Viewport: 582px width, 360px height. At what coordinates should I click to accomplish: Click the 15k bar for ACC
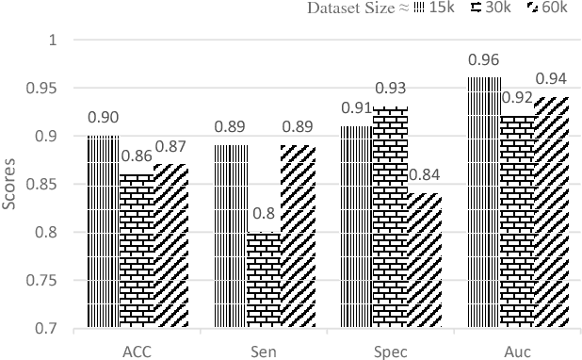103,233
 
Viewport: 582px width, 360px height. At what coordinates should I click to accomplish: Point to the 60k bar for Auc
552,213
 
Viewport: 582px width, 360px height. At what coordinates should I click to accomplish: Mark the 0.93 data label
390,90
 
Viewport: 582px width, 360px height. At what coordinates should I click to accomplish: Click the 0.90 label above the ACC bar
103,118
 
